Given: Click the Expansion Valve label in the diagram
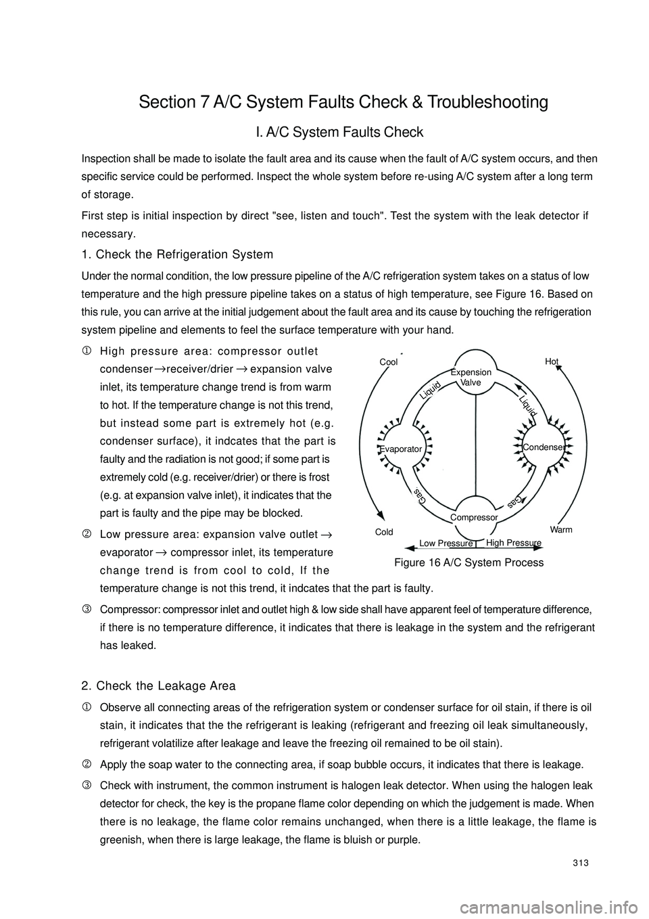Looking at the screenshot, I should (x=471, y=378).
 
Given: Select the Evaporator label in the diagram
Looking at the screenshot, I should (x=401, y=449).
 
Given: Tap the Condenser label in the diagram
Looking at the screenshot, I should (x=543, y=447).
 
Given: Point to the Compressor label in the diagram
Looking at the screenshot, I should (x=473, y=517).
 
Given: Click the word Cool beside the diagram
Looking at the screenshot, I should (x=388, y=362).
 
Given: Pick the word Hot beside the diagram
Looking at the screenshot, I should (x=552, y=361).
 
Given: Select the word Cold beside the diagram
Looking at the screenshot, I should (x=384, y=532).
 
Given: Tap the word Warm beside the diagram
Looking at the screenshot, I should (x=561, y=529).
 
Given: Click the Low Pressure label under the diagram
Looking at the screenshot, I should (x=446, y=543).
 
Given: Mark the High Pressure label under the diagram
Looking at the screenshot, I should (x=514, y=543).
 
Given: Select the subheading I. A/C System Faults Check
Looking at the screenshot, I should (x=339, y=132).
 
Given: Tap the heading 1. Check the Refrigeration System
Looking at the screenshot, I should (x=177, y=254).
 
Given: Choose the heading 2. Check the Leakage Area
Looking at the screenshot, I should (x=158, y=686).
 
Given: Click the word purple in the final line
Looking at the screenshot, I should (x=404, y=840).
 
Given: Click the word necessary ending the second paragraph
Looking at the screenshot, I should (x=107, y=234).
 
